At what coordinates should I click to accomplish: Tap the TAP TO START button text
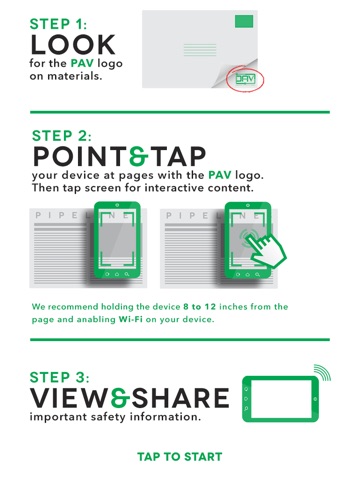pyautogui.click(x=180, y=456)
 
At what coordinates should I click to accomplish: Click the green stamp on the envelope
pyautogui.click(x=244, y=21)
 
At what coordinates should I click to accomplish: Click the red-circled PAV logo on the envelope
pyautogui.click(x=245, y=79)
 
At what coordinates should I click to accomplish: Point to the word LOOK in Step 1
pyautogui.click(x=73, y=45)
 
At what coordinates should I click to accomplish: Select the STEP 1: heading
pyautogui.click(x=58, y=24)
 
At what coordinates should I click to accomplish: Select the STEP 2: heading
pyautogui.click(x=61, y=136)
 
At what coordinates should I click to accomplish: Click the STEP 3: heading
pyautogui.click(x=59, y=377)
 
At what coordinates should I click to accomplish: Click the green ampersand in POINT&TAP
pyautogui.click(x=138, y=156)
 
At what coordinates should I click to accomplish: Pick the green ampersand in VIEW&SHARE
pyautogui.click(x=120, y=398)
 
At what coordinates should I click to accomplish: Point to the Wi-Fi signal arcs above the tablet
pyautogui.click(x=323, y=372)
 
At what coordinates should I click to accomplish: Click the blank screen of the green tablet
pyautogui.click(x=282, y=399)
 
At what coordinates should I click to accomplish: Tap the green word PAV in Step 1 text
pyautogui.click(x=82, y=63)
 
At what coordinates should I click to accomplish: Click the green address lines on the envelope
pyautogui.click(x=200, y=50)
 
